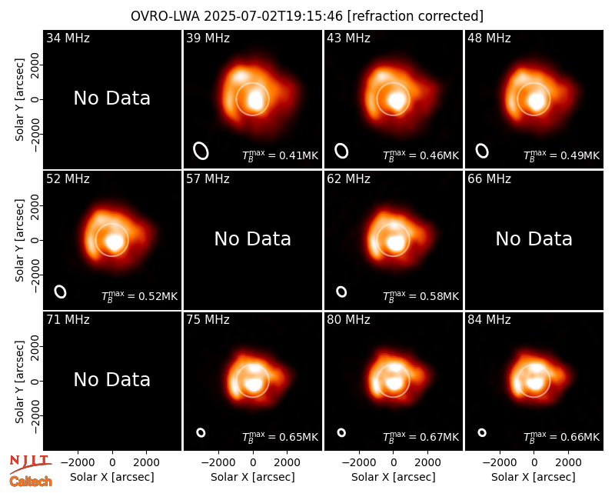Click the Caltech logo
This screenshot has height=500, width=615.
tap(31, 482)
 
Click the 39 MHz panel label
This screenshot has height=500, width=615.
tap(208, 38)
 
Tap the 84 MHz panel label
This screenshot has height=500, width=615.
tap(489, 320)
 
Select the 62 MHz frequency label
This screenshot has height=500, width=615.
tap(349, 179)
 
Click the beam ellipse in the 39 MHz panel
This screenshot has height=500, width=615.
tap(201, 151)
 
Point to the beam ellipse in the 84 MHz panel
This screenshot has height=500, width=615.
tap(482, 432)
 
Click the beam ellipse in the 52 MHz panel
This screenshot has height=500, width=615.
tap(61, 292)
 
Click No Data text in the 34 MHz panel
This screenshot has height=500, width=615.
tap(112, 98)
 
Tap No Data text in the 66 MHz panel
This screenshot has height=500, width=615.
tap(534, 238)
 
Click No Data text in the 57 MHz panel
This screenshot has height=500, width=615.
tap(253, 238)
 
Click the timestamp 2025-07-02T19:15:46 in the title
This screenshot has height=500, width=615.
tap(274, 16)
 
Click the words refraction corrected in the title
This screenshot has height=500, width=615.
tap(415, 16)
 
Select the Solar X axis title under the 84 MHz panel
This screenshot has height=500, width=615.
tap(534, 477)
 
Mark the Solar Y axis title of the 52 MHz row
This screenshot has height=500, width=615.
tap(19, 240)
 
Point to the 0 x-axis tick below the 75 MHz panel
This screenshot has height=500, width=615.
tap(253, 462)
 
